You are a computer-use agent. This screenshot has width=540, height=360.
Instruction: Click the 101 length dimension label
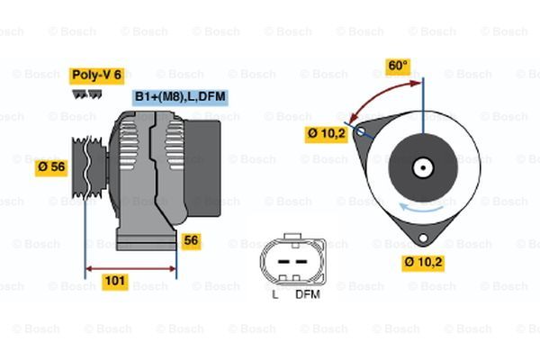tap(114, 282)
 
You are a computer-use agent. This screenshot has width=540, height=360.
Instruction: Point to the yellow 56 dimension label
tap(191, 240)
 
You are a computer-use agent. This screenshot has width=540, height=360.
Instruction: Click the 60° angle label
tap(397, 66)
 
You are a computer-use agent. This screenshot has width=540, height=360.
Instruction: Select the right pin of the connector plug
tap(300, 261)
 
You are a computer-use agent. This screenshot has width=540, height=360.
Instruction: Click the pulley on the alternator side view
tap(86, 167)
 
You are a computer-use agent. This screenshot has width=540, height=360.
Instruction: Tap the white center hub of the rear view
tap(422, 167)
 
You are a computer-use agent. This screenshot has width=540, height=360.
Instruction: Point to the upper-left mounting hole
tap(361, 132)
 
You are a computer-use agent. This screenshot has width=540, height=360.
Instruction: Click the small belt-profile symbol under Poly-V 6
tap(85, 94)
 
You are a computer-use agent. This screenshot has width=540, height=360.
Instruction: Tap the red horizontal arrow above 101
tap(131, 267)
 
